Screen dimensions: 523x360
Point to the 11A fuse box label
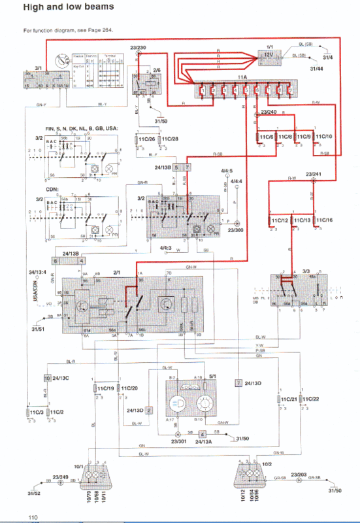pyautogui.click(x=242, y=77)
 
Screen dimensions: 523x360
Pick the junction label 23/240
pyautogui.click(x=268, y=112)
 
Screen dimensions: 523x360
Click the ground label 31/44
pyautogui.click(x=316, y=69)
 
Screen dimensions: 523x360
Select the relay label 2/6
pyautogui.click(x=156, y=69)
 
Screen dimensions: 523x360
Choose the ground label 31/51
pyautogui.click(x=38, y=329)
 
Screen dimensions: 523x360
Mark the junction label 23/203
pyautogui.click(x=299, y=474)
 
